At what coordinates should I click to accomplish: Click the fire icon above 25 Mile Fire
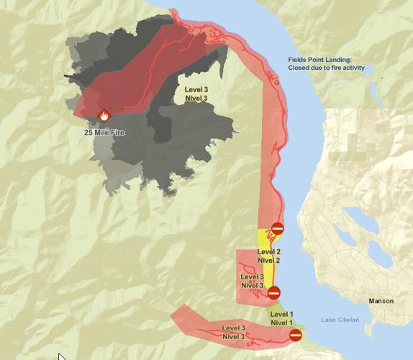pos(104,115)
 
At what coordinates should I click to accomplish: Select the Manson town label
pos(381,301)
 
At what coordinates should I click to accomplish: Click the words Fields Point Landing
pos(320,58)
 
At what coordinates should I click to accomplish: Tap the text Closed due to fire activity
pos(327,68)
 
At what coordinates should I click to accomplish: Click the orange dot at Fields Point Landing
pos(277,83)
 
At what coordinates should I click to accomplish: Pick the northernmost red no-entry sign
pos(277,228)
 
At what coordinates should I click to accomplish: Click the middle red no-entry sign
pos(273,292)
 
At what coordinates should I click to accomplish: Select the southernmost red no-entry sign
pos(295,334)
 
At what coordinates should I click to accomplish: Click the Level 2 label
pos(268,251)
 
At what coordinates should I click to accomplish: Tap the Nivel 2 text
pos(268,260)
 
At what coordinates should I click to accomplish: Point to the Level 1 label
pos(282,314)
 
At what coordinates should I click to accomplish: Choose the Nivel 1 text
pos(282,323)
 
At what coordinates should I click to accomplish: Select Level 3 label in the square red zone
pos(253,276)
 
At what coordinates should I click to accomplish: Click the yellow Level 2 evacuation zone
pos(263,238)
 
